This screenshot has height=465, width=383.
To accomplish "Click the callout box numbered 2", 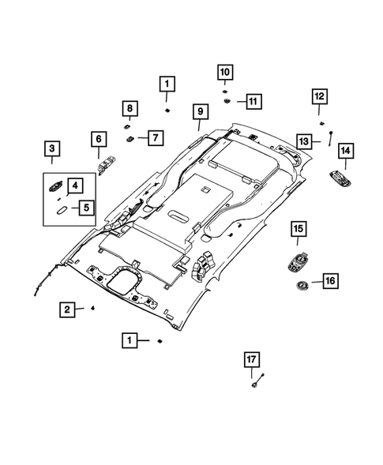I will [69, 309].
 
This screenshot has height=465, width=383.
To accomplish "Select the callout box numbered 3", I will [51, 148].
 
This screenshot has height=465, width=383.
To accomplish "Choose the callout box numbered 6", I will [99, 140].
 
